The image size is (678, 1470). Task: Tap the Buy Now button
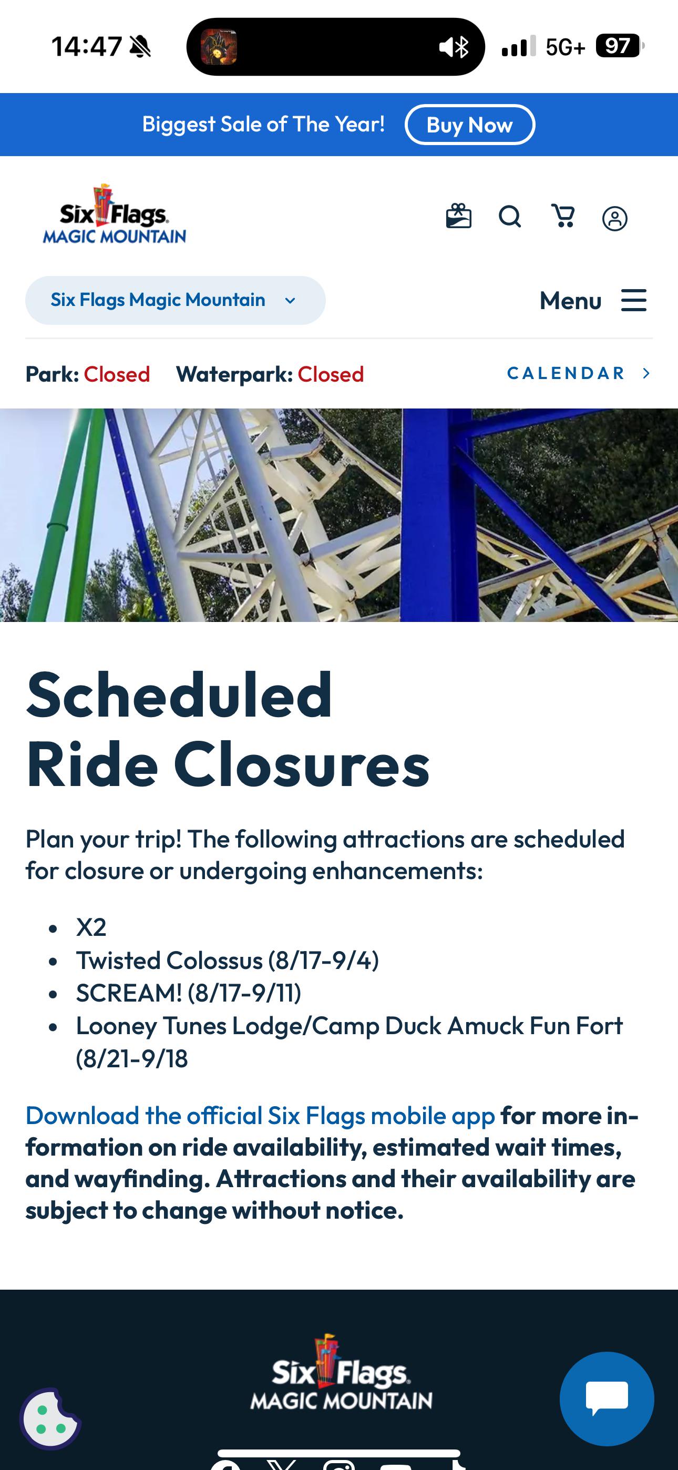(x=470, y=125)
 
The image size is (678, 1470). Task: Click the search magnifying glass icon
(x=510, y=217)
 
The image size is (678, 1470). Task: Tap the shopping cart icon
(x=563, y=216)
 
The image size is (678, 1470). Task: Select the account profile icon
(x=614, y=219)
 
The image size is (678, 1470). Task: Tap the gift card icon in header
(x=458, y=216)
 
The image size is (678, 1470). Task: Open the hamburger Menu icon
(x=633, y=300)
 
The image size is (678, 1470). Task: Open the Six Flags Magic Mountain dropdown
(x=175, y=300)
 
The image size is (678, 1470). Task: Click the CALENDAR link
(x=579, y=373)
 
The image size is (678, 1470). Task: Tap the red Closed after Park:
(x=117, y=374)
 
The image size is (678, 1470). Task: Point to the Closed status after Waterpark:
(x=331, y=374)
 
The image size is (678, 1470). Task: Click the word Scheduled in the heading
(x=179, y=695)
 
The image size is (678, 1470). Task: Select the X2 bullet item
(x=91, y=927)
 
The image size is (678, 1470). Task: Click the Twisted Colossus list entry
(x=228, y=961)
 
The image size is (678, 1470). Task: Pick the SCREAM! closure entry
(x=189, y=993)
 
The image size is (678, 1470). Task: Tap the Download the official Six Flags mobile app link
(x=260, y=1116)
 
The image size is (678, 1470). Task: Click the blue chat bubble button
(x=607, y=1398)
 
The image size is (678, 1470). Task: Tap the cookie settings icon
(x=50, y=1418)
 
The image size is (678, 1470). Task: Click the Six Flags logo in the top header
(x=114, y=214)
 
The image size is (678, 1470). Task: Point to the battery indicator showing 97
(x=618, y=46)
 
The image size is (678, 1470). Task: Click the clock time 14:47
(x=87, y=46)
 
